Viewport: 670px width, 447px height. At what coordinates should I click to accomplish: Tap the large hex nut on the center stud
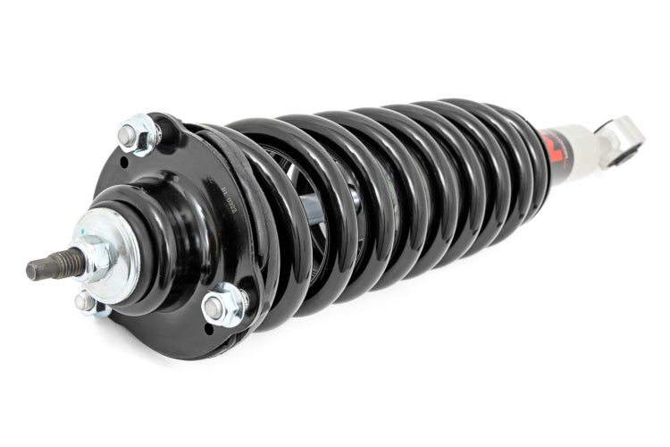pyautogui.click(x=93, y=257)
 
